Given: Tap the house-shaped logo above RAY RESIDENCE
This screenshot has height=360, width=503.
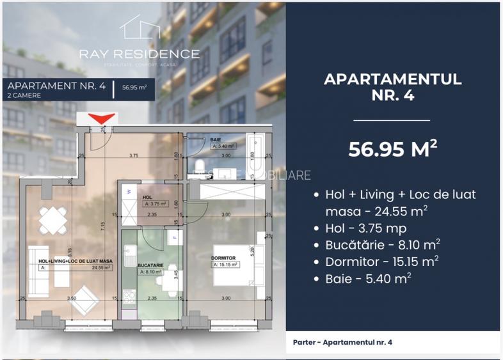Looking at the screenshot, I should pyautogui.click(x=139, y=28).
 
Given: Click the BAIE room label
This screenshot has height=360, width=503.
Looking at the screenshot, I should pyautogui.click(x=216, y=139).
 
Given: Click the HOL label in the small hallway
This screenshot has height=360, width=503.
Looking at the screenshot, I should pyautogui.click(x=147, y=198).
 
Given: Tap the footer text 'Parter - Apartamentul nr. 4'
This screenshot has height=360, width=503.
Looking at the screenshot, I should pyautogui.click(x=342, y=343).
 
